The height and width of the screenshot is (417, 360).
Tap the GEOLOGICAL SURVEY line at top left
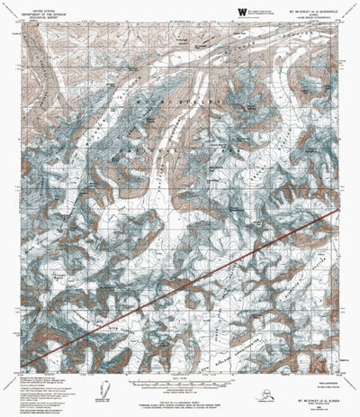pos(33,14)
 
